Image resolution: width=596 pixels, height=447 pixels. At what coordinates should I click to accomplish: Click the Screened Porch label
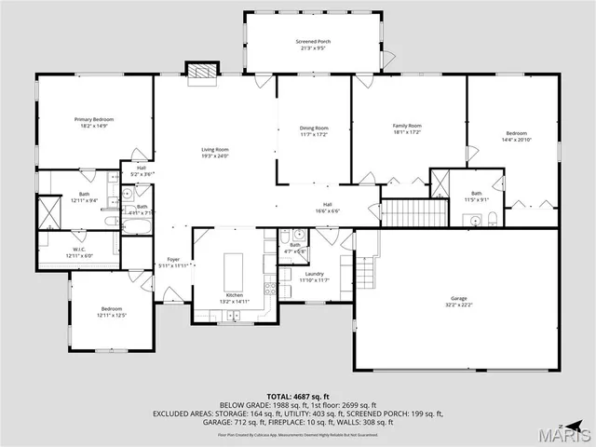[313, 42]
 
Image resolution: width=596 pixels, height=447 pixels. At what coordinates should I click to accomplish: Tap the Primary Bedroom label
[94, 119]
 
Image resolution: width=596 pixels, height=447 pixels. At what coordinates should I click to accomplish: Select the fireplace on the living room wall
[201, 74]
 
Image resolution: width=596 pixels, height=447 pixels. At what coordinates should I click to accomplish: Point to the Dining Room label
[314, 128]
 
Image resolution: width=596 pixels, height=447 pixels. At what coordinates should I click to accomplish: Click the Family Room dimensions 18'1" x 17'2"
[407, 132]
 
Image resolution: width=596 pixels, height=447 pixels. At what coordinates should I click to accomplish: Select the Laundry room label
[314, 274]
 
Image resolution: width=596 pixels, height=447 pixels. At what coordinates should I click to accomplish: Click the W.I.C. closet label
[79, 250]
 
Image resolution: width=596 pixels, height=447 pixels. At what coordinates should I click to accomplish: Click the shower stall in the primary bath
[48, 214]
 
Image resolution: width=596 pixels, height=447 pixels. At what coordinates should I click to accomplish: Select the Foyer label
[173, 260]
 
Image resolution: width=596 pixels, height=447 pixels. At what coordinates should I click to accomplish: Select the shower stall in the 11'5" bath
[440, 182]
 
